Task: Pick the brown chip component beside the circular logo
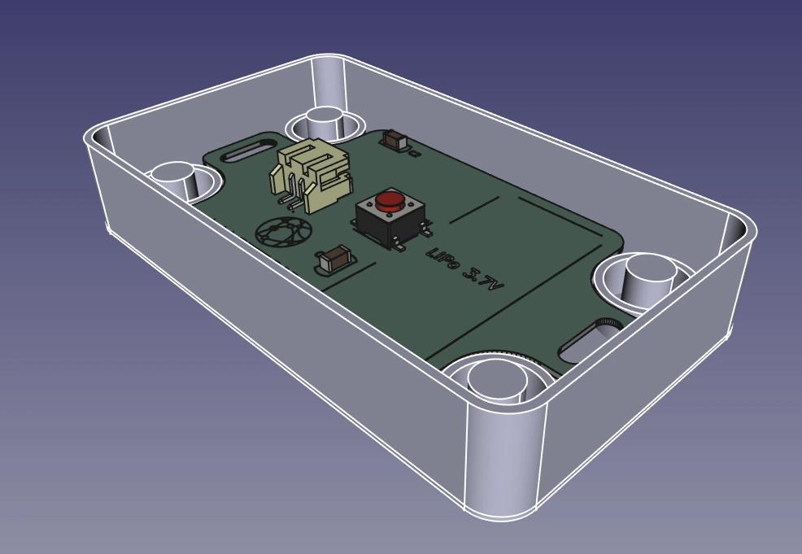pos(334,260)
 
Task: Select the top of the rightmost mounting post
pos(648,266)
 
